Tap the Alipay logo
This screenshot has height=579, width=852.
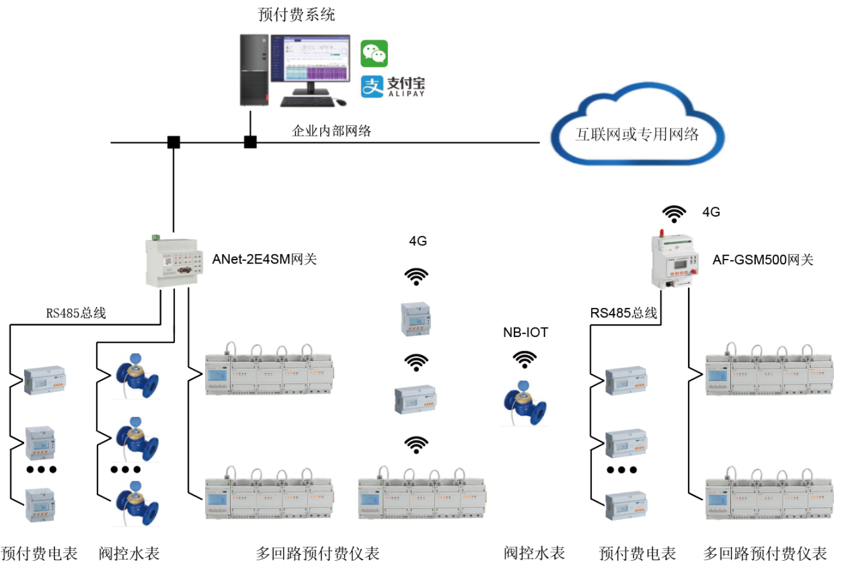pos(393,86)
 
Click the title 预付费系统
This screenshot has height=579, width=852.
pos(297,14)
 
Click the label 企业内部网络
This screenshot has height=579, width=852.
pos(332,131)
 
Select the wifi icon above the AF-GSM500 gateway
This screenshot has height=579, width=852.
pos(674,214)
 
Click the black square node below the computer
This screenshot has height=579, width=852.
pos(250,142)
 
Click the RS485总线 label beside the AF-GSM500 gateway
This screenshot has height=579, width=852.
pos(623,313)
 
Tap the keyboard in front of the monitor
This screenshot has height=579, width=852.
pos(307,102)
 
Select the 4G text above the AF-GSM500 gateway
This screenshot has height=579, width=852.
pos(711,212)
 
